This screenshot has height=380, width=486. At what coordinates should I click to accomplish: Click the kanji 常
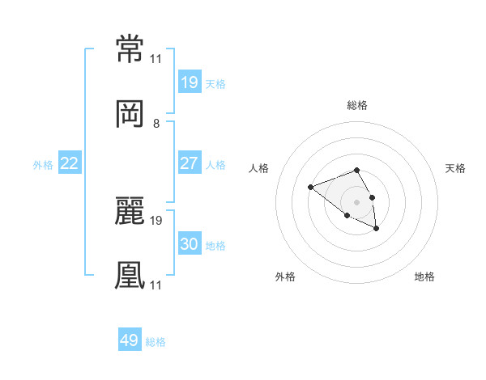pyautogui.click(x=130, y=49)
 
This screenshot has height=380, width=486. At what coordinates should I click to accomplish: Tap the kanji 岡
pyautogui.click(x=130, y=114)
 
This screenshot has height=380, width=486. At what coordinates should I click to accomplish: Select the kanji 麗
pyautogui.click(x=130, y=211)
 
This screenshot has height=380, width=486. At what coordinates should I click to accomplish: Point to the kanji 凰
pyautogui.click(x=130, y=275)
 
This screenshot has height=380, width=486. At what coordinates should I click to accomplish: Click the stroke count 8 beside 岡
pyautogui.click(x=156, y=124)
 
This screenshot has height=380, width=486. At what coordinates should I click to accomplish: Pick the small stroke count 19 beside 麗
pyautogui.click(x=156, y=221)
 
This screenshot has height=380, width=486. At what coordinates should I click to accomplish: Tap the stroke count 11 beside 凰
pyautogui.click(x=156, y=285)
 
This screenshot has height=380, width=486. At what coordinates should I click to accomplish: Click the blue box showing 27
pyautogui.click(x=190, y=163)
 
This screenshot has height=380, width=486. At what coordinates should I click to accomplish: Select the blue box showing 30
pyautogui.click(x=190, y=243)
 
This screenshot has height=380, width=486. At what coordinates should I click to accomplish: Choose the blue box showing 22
pyautogui.click(x=70, y=163)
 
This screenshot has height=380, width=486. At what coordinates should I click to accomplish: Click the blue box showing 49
pyautogui.click(x=130, y=339)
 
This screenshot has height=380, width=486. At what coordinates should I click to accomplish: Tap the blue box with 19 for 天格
pyautogui.click(x=190, y=82)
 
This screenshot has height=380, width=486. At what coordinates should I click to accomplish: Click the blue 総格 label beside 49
pyautogui.click(x=156, y=342)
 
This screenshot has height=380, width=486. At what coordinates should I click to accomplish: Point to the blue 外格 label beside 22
pyautogui.click(x=43, y=165)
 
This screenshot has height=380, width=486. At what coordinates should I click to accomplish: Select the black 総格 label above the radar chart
pyautogui.click(x=357, y=105)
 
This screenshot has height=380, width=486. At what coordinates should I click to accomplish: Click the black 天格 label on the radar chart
pyautogui.click(x=455, y=168)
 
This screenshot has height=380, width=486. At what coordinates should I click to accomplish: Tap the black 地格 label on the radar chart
pyautogui.click(x=424, y=277)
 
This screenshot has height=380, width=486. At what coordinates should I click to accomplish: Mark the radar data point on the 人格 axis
pyautogui.click(x=310, y=187)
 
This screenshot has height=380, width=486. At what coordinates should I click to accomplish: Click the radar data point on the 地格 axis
pyautogui.click(x=377, y=228)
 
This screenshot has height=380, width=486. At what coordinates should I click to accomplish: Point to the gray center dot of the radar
pyautogui.click(x=356, y=202)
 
